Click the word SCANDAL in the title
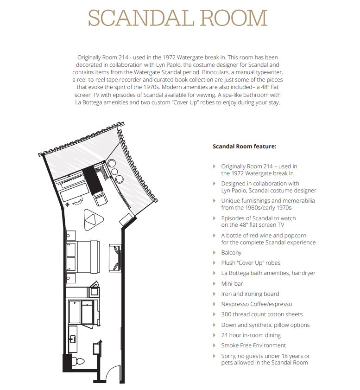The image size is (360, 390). (x=141, y=18)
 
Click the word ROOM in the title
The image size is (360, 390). (x=234, y=18)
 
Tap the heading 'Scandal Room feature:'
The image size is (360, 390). (x=244, y=146)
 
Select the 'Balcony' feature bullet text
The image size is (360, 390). (x=231, y=253)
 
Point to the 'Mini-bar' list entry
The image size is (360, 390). (x=232, y=283)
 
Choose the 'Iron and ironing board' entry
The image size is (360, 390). (x=250, y=294)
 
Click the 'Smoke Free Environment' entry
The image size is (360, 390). (x=253, y=345)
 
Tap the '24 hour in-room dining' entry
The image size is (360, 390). (x=251, y=335)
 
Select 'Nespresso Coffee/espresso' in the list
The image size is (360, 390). (x=257, y=304)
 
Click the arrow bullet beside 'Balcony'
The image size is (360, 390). (x=214, y=253)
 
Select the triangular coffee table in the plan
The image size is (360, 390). (x=94, y=219)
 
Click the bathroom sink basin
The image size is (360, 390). (x=73, y=339)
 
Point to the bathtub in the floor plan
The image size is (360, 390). (x=75, y=312)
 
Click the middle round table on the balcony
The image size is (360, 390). (x=115, y=172)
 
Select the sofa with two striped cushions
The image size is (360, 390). (x=115, y=258)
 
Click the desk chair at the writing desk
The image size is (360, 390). (x=77, y=201)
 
